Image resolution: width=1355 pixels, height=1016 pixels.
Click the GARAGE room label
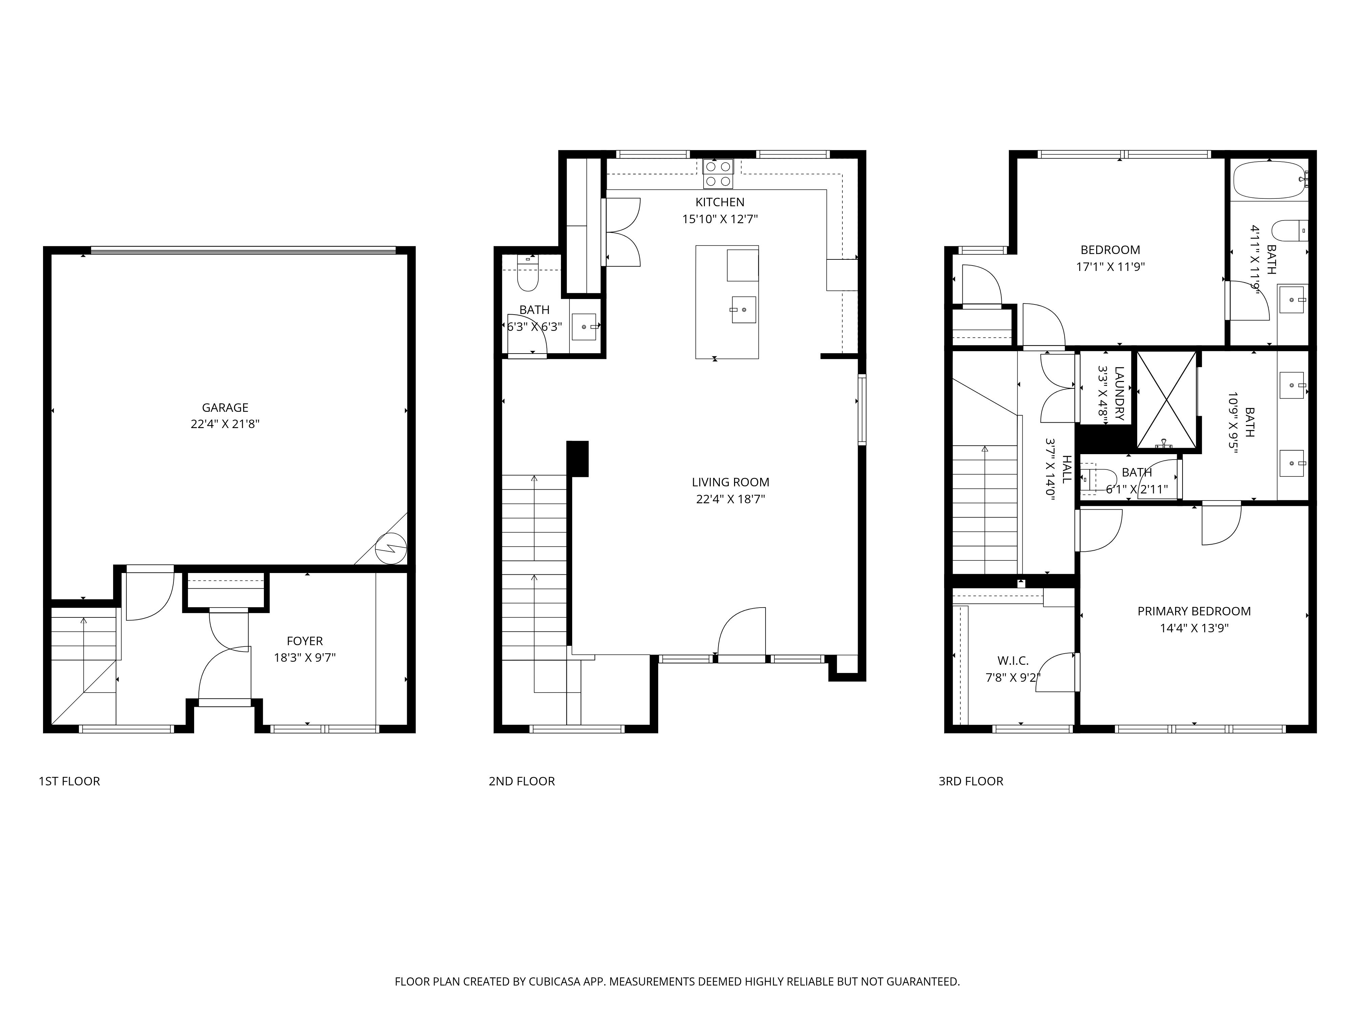[x=225, y=407]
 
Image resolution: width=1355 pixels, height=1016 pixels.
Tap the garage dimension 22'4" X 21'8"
[x=225, y=424]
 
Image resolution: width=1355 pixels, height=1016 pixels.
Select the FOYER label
[x=305, y=641]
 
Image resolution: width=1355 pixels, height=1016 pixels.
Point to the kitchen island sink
[x=743, y=309]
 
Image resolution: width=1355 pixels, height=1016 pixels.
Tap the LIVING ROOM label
[x=730, y=482]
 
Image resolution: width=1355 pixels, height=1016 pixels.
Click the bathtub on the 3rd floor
[x=1268, y=179]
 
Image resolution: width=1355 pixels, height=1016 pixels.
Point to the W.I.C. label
[x=1013, y=661]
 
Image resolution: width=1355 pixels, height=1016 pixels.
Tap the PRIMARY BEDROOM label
[x=1193, y=611]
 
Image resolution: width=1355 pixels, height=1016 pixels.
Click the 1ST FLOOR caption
[x=69, y=781]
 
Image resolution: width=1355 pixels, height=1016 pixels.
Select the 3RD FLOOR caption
[x=970, y=781]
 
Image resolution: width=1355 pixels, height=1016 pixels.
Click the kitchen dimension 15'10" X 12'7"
[x=720, y=219]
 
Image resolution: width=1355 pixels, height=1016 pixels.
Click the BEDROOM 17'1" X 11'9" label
[x=1109, y=250]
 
